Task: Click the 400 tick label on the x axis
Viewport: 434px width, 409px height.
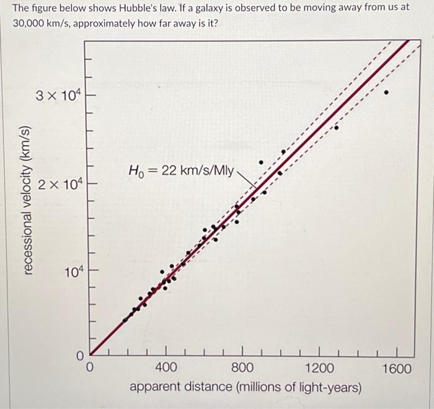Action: click(x=166, y=369)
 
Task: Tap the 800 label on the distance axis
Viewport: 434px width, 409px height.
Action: click(x=242, y=369)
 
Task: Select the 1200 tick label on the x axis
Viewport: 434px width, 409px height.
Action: click(x=319, y=369)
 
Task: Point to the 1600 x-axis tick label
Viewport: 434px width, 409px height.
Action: click(x=396, y=369)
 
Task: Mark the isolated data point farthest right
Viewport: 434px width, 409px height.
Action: click(x=387, y=93)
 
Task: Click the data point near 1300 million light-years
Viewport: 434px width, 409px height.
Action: click(x=337, y=128)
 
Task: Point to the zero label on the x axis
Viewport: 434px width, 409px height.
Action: click(x=89, y=369)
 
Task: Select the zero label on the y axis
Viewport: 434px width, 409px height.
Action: click(x=79, y=356)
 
